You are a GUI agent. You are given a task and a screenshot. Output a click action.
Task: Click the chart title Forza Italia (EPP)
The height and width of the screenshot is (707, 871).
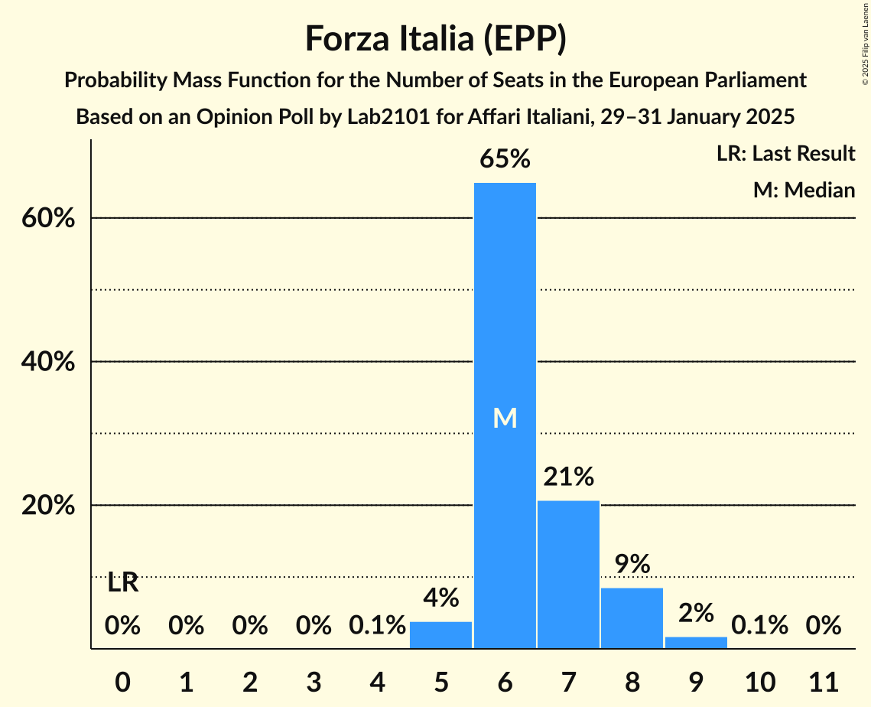point(435,39)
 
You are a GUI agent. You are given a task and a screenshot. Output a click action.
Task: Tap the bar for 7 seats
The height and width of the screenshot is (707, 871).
point(568,575)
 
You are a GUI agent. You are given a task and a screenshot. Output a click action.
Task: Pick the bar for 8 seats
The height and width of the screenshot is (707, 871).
point(632,618)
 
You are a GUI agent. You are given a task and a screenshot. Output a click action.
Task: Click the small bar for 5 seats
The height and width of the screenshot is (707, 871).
point(441,635)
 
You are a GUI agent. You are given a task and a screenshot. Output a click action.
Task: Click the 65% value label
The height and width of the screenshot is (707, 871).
point(505,159)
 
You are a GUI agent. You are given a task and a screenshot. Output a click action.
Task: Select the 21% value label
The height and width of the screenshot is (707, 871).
point(568,477)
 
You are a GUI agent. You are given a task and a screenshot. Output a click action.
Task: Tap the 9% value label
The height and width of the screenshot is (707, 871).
point(632,565)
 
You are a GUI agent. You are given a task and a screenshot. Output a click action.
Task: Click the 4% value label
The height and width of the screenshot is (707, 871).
point(441,598)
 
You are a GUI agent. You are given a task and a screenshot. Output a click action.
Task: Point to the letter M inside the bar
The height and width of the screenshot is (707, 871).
point(505,418)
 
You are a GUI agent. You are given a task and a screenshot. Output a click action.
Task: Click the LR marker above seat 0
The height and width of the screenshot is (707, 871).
point(122,583)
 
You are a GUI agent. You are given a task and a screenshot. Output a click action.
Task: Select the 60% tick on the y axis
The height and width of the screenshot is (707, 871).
point(47,219)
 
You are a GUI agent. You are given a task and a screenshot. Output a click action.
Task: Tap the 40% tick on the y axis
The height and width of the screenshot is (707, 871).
point(47,362)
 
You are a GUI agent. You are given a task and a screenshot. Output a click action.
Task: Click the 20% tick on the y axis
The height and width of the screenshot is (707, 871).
point(47,506)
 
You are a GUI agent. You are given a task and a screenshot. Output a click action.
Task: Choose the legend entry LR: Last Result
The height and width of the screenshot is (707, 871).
point(785,154)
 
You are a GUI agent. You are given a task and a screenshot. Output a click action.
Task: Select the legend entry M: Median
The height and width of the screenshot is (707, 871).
point(804,190)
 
